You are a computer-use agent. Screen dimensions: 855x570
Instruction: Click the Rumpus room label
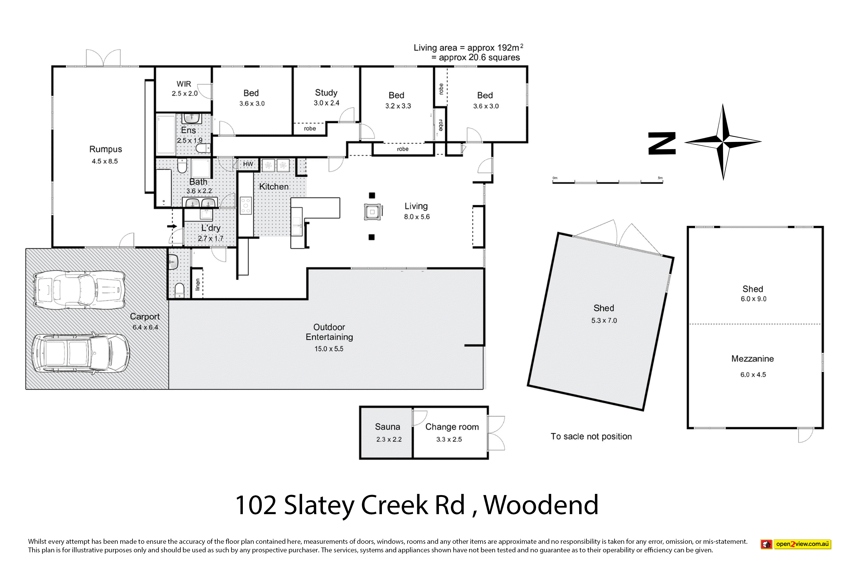coord(105,149)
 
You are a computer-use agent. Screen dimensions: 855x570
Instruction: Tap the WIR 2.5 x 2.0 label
coord(185,89)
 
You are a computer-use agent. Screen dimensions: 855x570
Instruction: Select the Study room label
coord(326,93)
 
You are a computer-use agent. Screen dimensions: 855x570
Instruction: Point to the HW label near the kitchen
coord(248,164)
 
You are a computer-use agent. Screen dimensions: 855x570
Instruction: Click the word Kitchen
coord(274,186)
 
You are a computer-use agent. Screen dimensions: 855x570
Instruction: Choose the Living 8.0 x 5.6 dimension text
coord(417,217)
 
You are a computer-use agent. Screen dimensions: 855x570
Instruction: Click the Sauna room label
coord(388,427)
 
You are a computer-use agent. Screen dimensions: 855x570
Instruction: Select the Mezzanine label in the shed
coord(752,359)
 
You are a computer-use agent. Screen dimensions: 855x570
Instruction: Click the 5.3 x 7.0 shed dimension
coord(604,321)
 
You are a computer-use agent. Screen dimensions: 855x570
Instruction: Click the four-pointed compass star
coord(723,142)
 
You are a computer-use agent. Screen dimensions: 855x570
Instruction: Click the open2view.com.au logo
coord(796,544)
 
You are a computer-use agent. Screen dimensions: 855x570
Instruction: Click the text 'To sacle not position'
coord(591,437)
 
